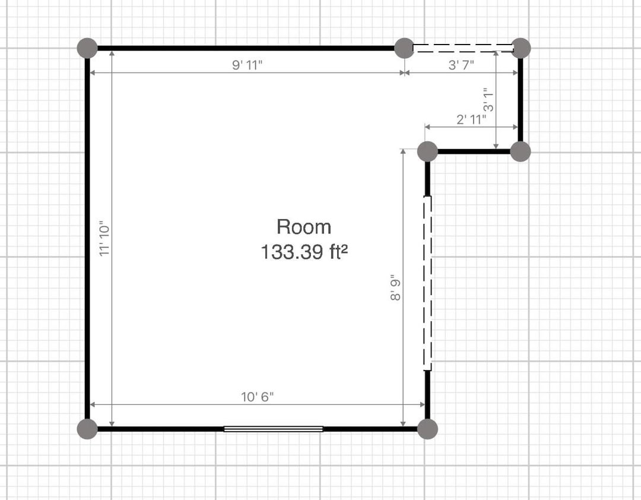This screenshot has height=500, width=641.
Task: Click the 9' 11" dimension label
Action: [247, 65]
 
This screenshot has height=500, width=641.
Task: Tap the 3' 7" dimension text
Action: [461, 65]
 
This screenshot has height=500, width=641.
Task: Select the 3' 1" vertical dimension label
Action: [488, 100]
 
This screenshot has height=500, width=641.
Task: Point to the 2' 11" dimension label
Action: [471, 119]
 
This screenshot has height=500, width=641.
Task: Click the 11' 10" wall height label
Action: [104, 239]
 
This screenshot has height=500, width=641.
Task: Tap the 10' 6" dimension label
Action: [257, 397]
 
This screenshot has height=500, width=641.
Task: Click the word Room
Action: [304, 227]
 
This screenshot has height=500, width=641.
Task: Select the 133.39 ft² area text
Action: [304, 252]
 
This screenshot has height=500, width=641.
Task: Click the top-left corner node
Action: [87, 48]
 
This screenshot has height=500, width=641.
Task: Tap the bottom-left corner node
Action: [87, 429]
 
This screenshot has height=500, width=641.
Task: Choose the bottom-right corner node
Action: [427, 429]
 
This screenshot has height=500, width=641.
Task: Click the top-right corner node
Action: [521, 48]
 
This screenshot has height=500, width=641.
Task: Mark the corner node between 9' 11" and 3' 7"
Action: [404, 48]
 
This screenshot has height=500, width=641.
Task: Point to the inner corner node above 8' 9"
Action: [427, 151]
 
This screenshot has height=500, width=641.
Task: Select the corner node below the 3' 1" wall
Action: [521, 151]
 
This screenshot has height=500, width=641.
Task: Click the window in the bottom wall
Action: [274, 429]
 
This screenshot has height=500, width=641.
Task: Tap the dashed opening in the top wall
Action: [463, 48]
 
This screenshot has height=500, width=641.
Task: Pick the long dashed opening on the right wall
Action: [427, 283]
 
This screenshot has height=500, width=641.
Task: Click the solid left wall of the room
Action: [87, 239]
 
